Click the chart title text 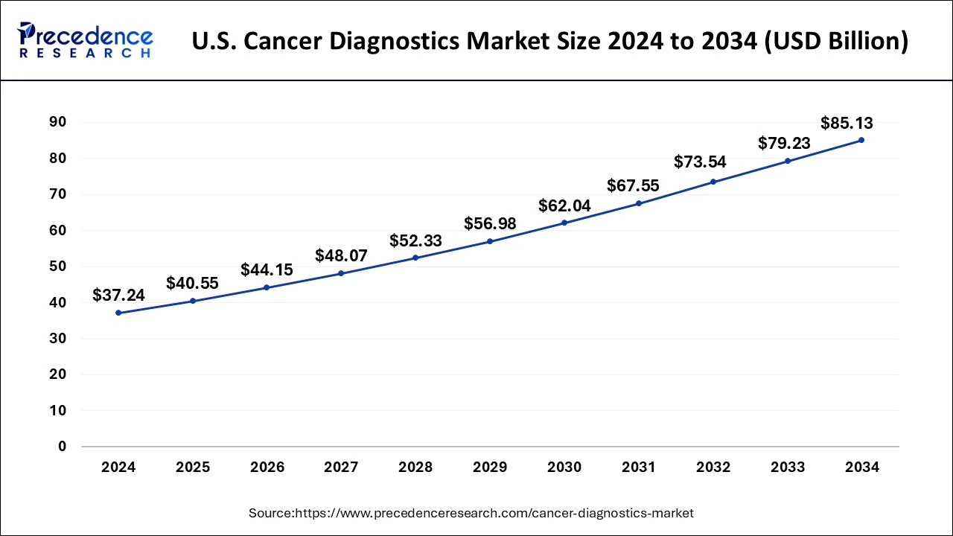pyautogui.click(x=549, y=42)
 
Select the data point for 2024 pyautogui.click(x=118, y=313)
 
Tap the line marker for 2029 pyautogui.click(x=490, y=241)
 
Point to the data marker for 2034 pyautogui.click(x=861, y=140)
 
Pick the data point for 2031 pyautogui.click(x=639, y=203)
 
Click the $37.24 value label pyautogui.click(x=118, y=296)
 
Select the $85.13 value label pyautogui.click(x=847, y=124)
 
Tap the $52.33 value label pyautogui.click(x=415, y=240)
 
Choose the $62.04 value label pyautogui.click(x=564, y=206)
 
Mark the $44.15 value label pyautogui.click(x=267, y=270)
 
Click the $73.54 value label pyautogui.click(x=700, y=162)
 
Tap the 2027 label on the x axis pyautogui.click(x=341, y=468)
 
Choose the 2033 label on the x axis pyautogui.click(x=787, y=468)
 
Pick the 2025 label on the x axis pyautogui.click(x=192, y=468)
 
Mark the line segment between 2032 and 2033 pyautogui.click(x=750, y=171)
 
